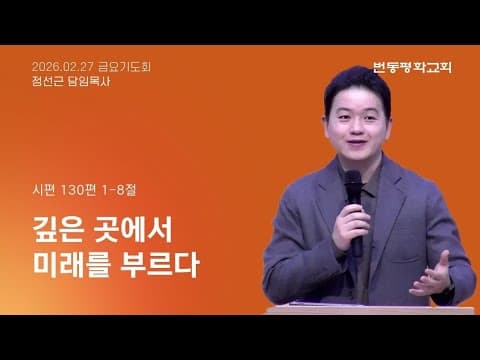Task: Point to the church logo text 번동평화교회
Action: coord(412,68)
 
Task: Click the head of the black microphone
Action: coord(352,183)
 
